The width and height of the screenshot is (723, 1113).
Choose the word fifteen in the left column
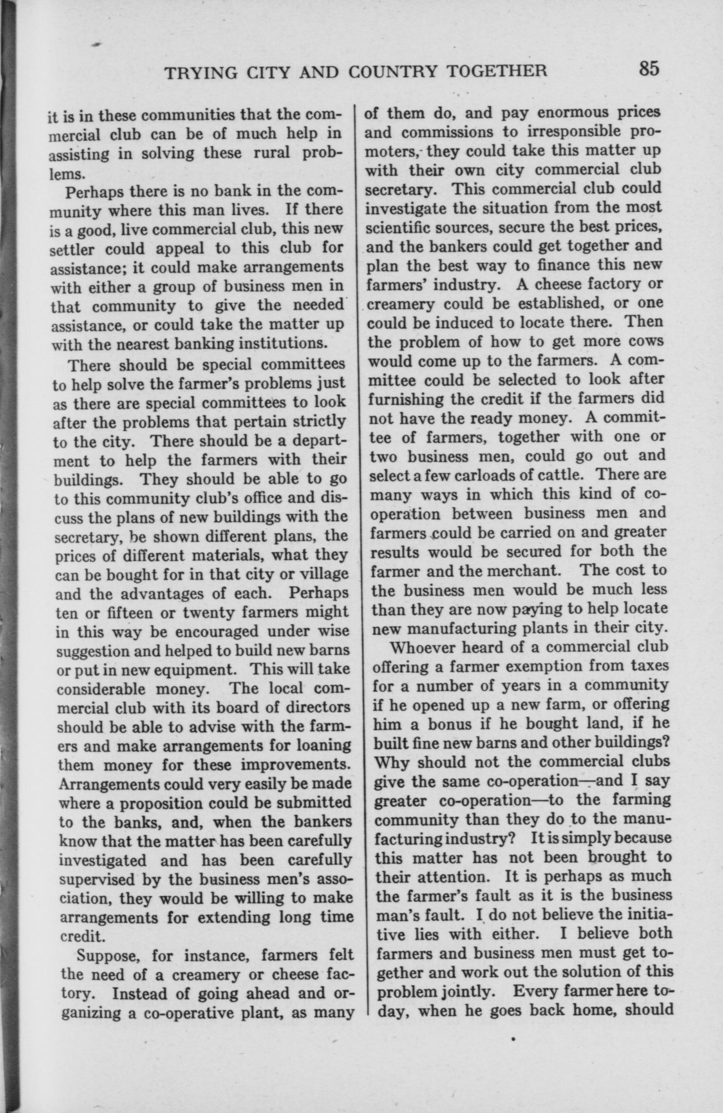(x=124, y=612)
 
